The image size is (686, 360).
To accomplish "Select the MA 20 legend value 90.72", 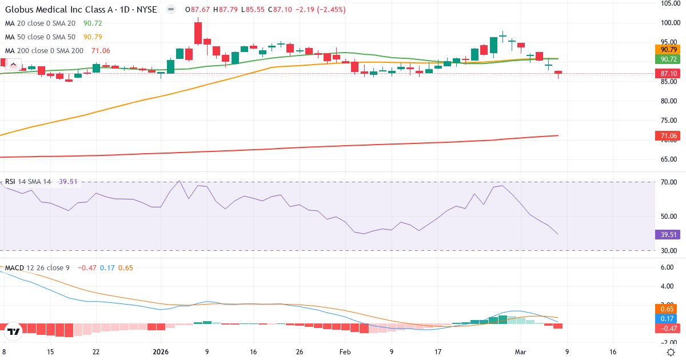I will click(x=92, y=23).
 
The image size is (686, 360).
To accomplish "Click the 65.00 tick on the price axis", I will click(x=669, y=159).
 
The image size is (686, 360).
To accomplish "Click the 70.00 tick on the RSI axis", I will click(x=669, y=182).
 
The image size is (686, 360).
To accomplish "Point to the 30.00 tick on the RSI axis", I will click(x=669, y=251).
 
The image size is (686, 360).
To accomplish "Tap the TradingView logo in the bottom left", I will click(x=14, y=331).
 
